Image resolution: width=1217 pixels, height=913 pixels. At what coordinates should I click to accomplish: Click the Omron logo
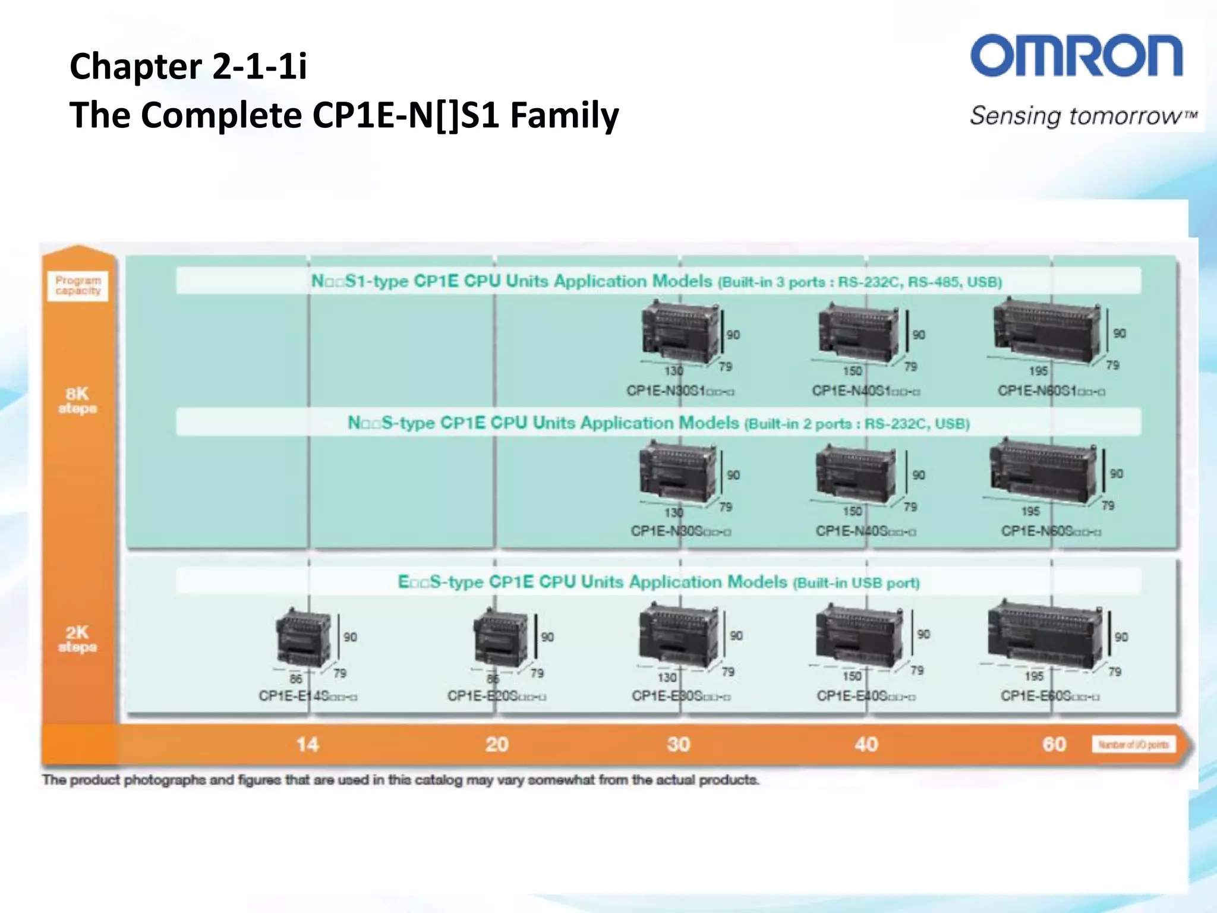tap(1076, 56)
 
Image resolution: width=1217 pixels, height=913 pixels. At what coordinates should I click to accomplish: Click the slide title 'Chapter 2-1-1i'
tap(188, 65)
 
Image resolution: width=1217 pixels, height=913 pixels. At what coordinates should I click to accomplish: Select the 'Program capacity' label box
tap(78, 285)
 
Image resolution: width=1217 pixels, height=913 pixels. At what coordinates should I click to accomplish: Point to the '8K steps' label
tap(77, 400)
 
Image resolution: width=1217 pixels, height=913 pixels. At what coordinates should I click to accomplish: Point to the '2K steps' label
tap(77, 638)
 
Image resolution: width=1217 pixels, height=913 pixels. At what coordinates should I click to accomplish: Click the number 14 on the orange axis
tap(307, 744)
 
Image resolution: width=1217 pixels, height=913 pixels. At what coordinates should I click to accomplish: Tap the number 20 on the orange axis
tap(497, 744)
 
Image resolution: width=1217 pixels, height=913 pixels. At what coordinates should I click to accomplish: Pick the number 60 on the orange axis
tap(1054, 744)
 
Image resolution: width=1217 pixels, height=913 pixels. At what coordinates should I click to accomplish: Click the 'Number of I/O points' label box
tap(1133, 745)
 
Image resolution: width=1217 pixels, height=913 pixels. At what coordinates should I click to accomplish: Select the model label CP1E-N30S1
tap(680, 391)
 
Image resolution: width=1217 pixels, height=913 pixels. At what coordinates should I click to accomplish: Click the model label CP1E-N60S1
tap(1051, 391)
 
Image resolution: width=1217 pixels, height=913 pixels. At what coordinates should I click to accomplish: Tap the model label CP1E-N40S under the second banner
tap(866, 531)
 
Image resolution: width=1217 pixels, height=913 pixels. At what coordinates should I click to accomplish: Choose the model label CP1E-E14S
tap(308, 695)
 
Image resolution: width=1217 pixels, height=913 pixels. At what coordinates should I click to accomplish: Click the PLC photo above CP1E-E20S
tap(500, 639)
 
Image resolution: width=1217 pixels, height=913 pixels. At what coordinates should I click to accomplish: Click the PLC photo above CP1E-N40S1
tap(858, 333)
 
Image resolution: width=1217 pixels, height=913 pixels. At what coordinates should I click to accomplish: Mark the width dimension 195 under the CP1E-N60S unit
tap(1030, 511)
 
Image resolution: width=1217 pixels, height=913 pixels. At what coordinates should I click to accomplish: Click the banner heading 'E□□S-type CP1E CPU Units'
tap(658, 581)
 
